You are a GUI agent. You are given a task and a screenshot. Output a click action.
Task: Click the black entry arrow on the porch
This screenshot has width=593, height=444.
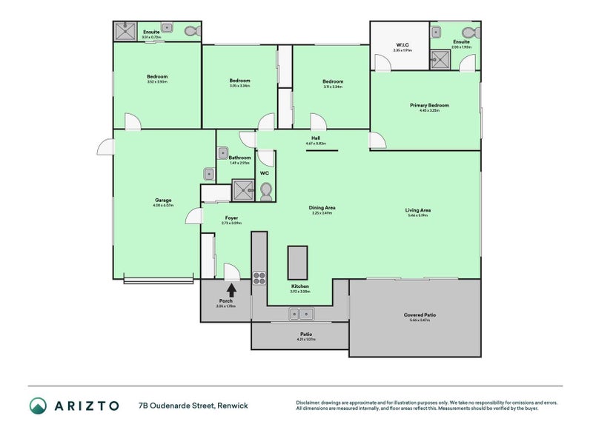coord(231,290)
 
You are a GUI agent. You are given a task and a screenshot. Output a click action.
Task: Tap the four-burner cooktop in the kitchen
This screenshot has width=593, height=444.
coord(260,278)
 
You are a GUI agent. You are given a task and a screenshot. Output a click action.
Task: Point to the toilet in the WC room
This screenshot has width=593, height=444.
coord(266,192)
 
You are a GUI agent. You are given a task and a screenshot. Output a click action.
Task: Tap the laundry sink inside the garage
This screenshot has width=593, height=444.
coord(210,175)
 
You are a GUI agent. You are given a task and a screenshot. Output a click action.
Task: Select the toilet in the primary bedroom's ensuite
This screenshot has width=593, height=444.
coord(468,32)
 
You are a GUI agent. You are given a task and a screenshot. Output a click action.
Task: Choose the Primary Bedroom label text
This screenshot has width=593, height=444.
coord(429,105)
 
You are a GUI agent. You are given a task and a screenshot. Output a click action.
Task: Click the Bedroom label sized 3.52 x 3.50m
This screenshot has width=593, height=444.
coord(156,77)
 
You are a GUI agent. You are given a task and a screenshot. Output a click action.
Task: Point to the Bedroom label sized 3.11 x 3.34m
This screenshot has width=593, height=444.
coord(332,81)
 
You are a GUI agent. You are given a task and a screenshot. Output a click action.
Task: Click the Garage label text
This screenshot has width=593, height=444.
coord(162,200)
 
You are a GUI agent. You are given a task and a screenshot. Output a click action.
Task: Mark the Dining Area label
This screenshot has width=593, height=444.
coord(322,208)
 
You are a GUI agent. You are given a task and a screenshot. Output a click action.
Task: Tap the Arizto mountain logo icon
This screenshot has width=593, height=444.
coord(38,406)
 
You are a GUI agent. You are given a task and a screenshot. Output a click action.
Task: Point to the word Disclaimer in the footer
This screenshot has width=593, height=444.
coord(309,403)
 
